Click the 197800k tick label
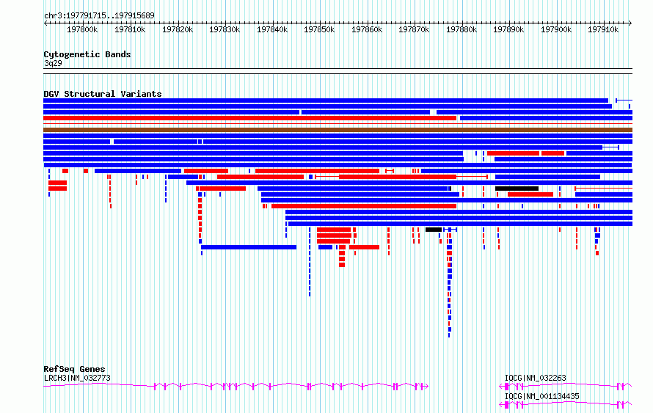[82, 29]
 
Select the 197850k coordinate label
[319, 29]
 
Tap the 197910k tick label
[603, 29]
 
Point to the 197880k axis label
[462, 29]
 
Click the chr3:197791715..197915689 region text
[99, 15]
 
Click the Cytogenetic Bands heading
[87, 54]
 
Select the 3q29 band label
[53, 63]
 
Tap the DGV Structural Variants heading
[103, 94]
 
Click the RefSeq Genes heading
[74, 369]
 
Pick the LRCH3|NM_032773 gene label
[78, 378]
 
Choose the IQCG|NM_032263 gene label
[535, 378]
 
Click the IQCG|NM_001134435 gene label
[541, 396]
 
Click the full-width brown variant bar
[338, 130]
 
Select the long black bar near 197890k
[517, 189]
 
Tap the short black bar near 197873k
[434, 230]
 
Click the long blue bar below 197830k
[249, 247]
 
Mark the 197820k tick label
[178, 29]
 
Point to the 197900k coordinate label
[556, 29]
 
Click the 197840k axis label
[272, 29]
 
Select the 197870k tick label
[414, 29]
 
